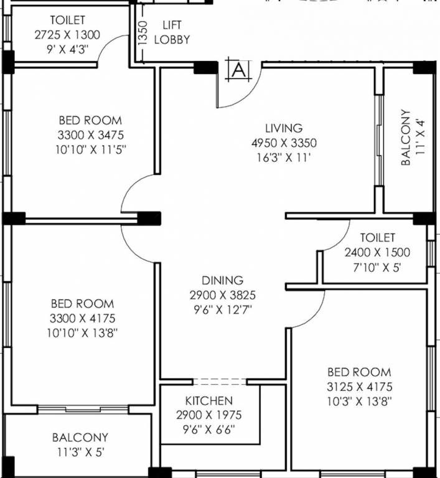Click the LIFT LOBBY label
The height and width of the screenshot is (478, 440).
pos(176,32)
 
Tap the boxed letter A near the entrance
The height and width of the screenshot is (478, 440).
pos(238,70)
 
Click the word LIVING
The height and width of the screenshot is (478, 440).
pos(283,128)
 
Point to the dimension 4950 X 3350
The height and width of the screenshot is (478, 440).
pos(283,143)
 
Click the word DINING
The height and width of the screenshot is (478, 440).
pos(222,281)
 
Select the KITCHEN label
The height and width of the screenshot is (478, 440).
pos(208,401)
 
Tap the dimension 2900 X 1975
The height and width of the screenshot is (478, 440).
pos(208,415)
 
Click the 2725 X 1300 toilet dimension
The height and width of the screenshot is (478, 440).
pos(67,35)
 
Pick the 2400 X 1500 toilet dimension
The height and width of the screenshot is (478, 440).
pos(377,253)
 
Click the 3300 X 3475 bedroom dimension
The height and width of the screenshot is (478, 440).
pos(91,134)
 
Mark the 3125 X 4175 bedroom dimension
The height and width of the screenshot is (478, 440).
pos(360,387)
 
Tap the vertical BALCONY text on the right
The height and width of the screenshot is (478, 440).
pos(406,138)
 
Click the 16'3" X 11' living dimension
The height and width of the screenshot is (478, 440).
pos(283,158)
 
